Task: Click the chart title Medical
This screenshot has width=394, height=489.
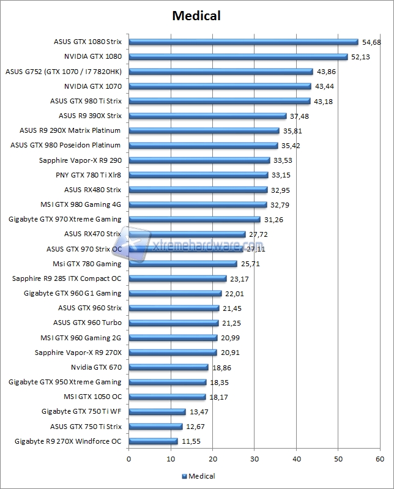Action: pyautogui.click(x=196, y=16)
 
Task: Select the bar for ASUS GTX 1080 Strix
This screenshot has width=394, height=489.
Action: pyautogui.click(x=243, y=42)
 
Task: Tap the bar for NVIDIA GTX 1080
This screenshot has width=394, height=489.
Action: pyautogui.click(x=238, y=56)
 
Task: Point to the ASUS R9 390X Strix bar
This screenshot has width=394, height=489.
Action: pyautogui.click(x=207, y=116)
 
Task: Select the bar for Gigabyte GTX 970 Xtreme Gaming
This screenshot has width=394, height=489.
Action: pyautogui.click(x=195, y=219)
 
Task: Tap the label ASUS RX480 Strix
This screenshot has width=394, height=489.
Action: pyautogui.click(x=92, y=190)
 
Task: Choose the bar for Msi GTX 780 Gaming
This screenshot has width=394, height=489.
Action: pyautogui.click(x=183, y=264)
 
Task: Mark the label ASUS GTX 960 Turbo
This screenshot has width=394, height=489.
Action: pyautogui.click(x=87, y=323)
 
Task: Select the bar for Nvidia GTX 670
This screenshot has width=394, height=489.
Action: pyautogui.click(x=168, y=367)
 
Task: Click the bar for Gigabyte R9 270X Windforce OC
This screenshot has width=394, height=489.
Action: pyautogui.click(x=153, y=441)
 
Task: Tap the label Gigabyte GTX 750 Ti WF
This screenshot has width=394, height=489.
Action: pyautogui.click(x=81, y=411)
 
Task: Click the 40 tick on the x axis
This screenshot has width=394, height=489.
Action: pyautogui.click(x=296, y=458)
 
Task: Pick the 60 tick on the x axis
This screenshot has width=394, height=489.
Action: pyautogui.click(x=380, y=458)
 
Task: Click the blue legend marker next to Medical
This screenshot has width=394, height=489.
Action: pyautogui.click(x=183, y=476)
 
